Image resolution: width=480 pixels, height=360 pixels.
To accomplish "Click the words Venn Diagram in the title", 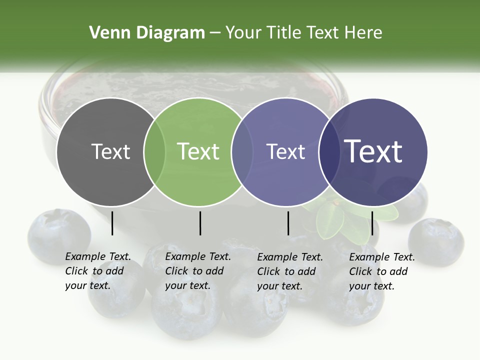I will (146, 33).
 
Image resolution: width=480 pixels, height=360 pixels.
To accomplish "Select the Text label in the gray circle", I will (110, 151).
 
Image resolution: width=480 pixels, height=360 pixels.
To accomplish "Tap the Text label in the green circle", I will (198, 151).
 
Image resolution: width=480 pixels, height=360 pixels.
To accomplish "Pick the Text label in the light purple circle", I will (285, 151).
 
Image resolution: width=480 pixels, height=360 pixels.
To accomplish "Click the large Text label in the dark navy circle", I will (373, 151).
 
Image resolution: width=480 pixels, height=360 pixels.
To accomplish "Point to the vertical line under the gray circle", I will (112, 223).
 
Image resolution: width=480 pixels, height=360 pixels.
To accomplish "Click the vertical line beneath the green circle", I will (200, 223).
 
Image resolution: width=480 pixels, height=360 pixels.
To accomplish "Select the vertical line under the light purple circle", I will (288, 223).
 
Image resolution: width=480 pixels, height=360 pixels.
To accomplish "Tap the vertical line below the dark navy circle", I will (372, 223).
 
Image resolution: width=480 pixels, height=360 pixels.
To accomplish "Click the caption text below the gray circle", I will (97, 271).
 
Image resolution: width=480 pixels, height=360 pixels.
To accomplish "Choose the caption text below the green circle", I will (197, 271).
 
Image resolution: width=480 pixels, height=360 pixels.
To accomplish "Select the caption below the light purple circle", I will (289, 271).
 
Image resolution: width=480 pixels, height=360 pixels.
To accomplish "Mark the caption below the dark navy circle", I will (381, 271).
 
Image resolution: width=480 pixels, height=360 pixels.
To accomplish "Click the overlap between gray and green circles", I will (154, 151).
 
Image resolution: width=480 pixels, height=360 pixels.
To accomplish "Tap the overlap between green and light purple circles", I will (242, 151).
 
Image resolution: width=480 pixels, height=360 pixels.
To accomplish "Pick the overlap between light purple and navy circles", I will (328, 151).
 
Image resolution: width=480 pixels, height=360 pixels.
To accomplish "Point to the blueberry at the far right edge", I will (436, 241).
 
